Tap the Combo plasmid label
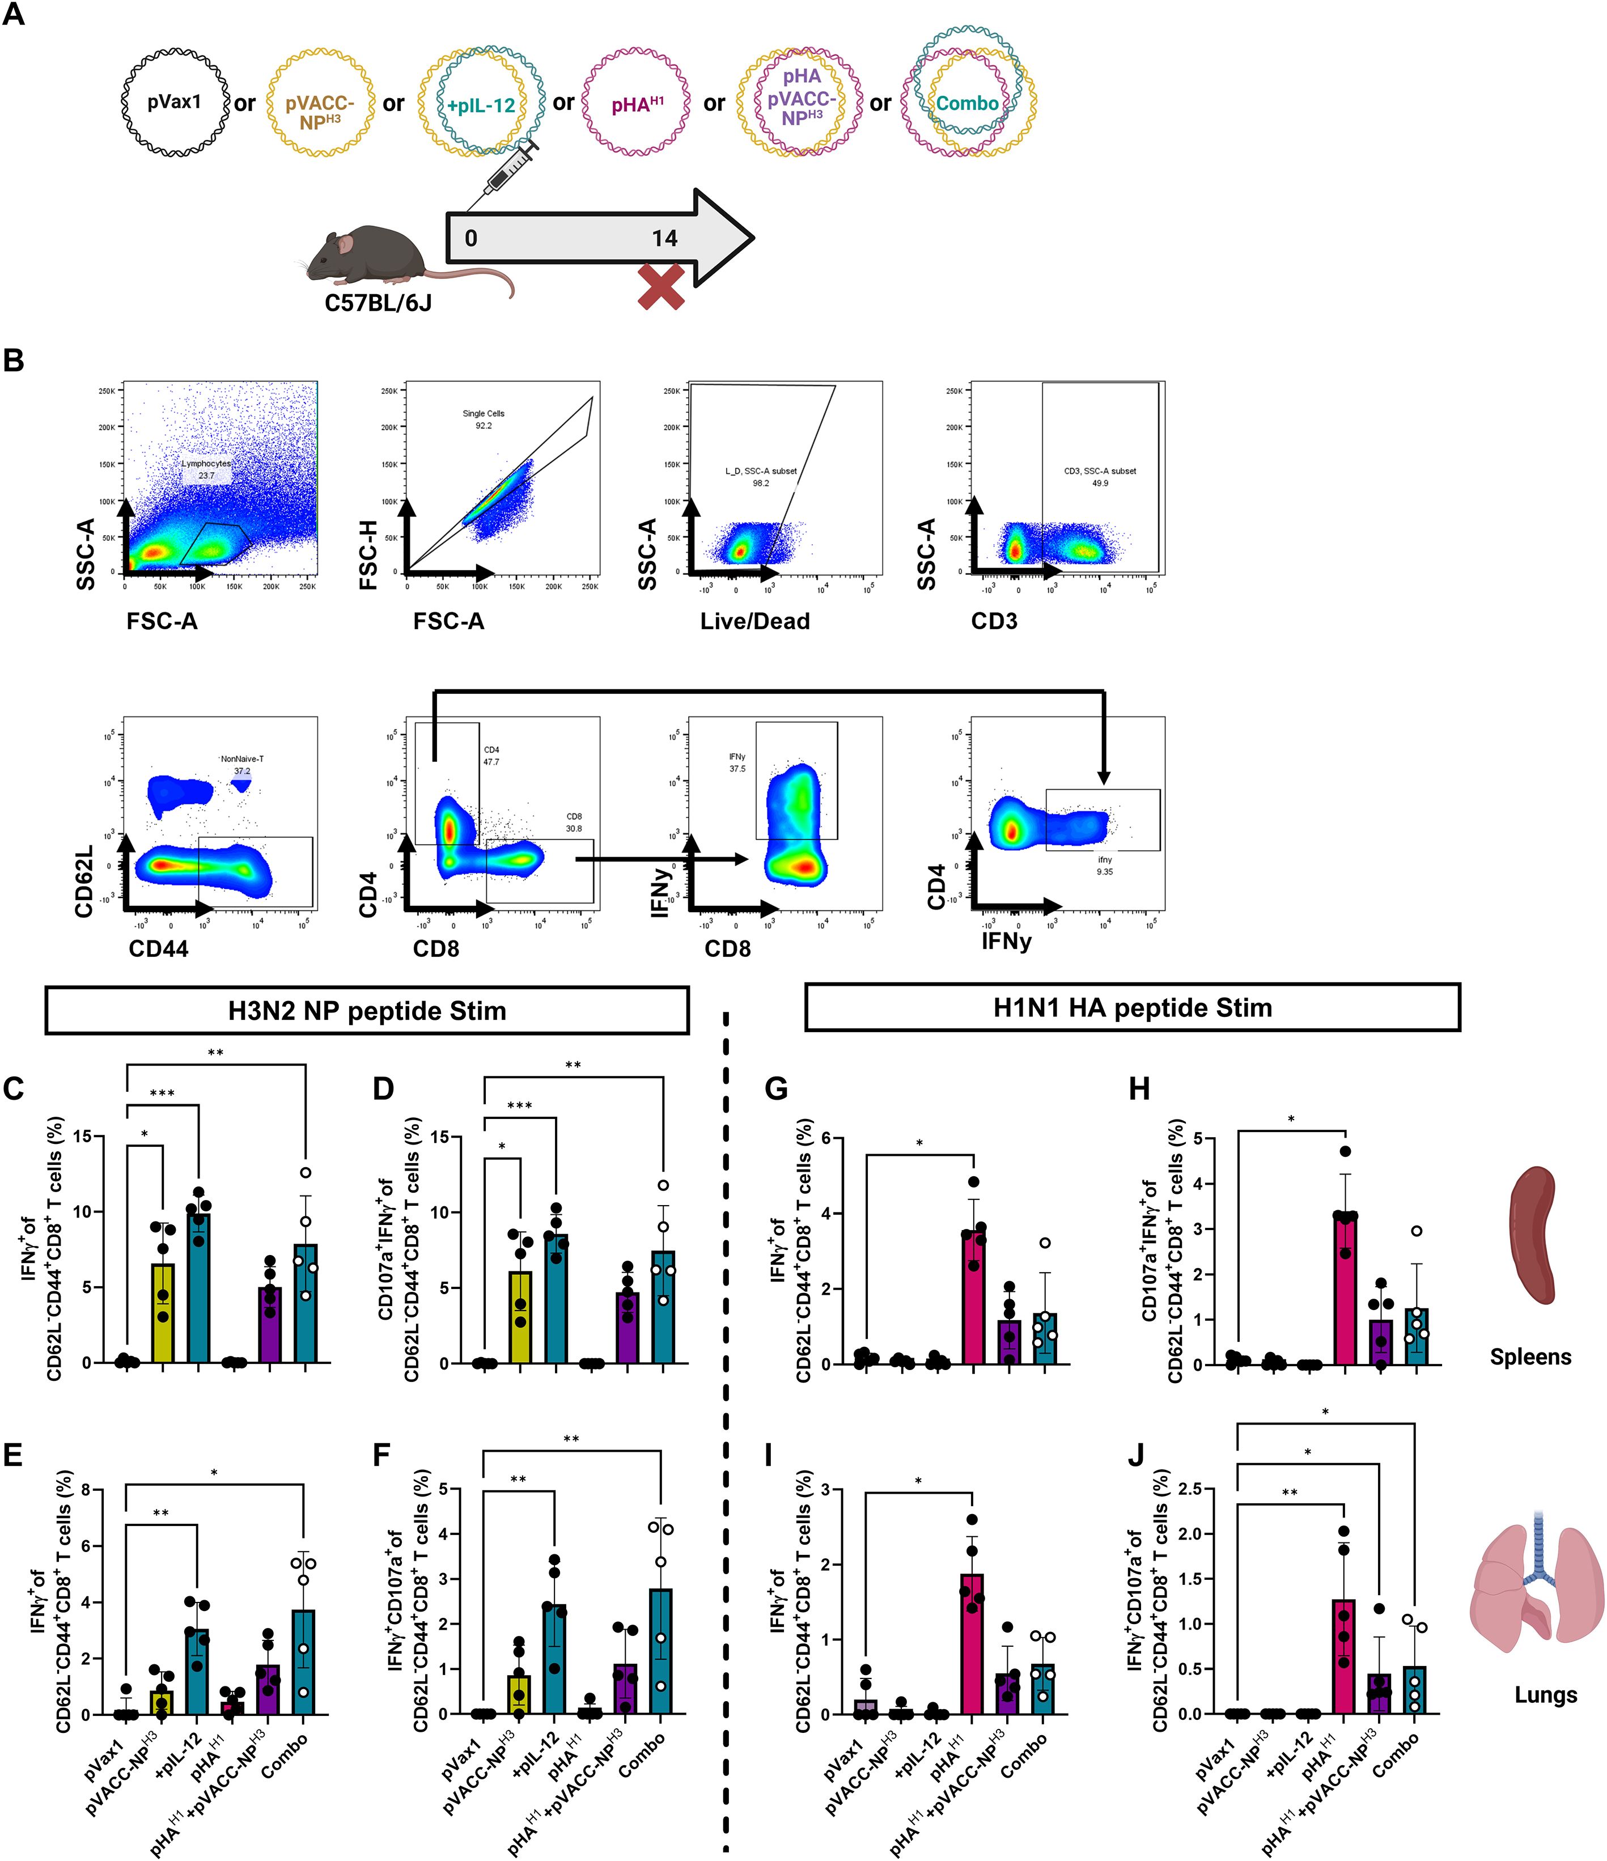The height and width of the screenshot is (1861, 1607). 968,103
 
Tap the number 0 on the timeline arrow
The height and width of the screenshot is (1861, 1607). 470,239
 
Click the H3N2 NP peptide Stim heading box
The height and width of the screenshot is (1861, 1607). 367,1011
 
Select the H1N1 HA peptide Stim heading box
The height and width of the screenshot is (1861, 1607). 1132,1007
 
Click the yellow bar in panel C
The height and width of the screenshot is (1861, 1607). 163,1313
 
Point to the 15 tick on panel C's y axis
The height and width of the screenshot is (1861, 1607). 82,1136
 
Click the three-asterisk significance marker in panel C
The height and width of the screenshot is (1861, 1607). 162,1093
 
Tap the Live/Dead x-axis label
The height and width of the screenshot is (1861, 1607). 754,621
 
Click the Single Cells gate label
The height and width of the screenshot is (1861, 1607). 484,414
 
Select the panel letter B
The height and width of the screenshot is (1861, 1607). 14,360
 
